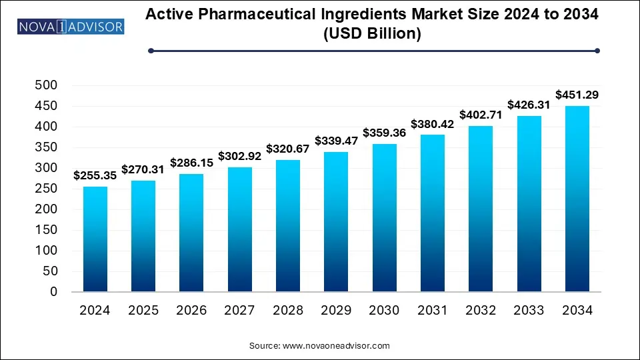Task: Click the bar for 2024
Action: (95, 239)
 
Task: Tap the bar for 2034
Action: (577, 199)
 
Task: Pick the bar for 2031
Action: (432, 213)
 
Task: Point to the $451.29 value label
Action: (577, 95)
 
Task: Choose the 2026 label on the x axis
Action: (191, 310)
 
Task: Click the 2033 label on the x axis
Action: (528, 310)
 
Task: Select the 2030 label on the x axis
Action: (384, 310)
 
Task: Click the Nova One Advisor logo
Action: (70, 27)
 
